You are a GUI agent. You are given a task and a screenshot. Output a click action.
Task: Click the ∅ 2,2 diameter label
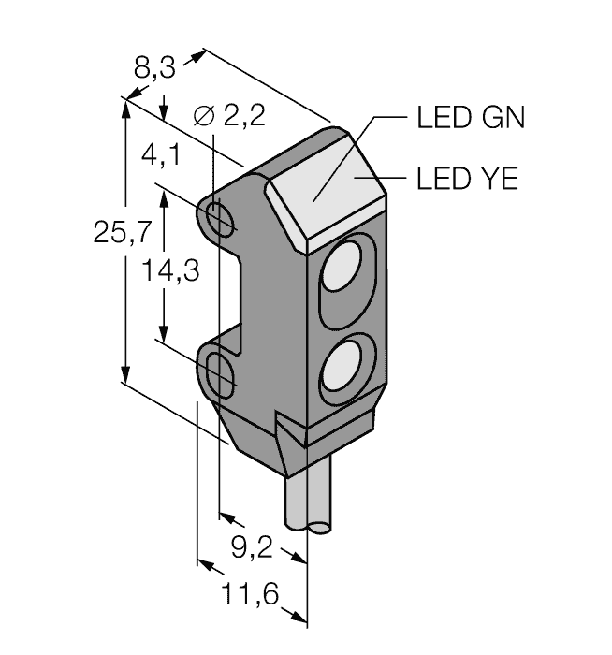tap(228, 116)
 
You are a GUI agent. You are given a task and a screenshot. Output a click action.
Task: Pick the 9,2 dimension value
tap(251, 546)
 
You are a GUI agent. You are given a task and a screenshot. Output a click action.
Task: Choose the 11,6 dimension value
tap(247, 593)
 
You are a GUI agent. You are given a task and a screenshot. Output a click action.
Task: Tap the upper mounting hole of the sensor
tap(222, 219)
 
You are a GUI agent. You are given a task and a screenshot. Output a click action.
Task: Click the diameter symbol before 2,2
tap(201, 116)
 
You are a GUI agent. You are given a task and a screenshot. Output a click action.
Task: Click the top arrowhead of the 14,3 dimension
tap(166, 196)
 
